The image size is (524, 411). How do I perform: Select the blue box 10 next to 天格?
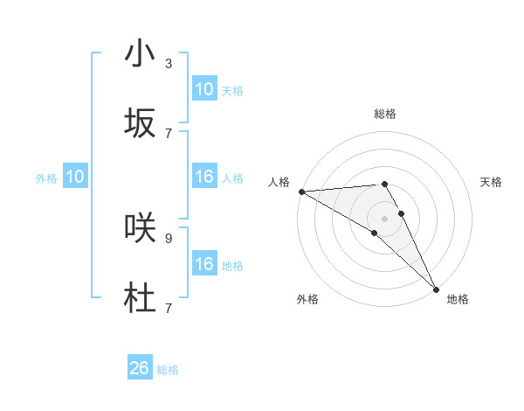tap(203, 89)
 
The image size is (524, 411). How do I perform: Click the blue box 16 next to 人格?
tap(203, 177)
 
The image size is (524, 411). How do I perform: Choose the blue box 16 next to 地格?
tap(203, 264)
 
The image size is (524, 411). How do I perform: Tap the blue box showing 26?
tap(140, 368)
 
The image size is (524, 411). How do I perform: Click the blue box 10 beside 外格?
tap(75, 177)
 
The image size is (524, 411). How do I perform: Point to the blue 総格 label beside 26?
tap(168, 370)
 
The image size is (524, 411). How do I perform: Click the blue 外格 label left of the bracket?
tap(46, 178)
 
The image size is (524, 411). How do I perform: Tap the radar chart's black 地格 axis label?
tap(458, 299)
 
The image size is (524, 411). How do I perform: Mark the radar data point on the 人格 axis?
tap(301, 192)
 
